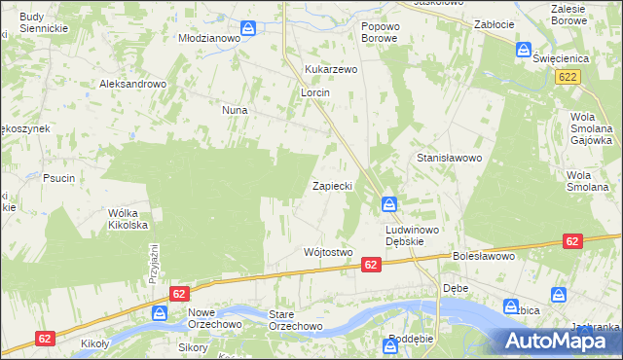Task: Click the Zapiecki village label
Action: (332, 185)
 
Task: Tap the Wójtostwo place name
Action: (327, 252)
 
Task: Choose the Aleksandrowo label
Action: (133, 85)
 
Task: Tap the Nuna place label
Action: (235, 111)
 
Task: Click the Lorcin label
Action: (315, 93)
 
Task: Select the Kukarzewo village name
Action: (332, 70)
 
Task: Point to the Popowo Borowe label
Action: (381, 32)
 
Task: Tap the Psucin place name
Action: (59, 178)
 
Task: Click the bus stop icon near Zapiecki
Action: (388, 204)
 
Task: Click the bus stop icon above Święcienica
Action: (524, 49)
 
